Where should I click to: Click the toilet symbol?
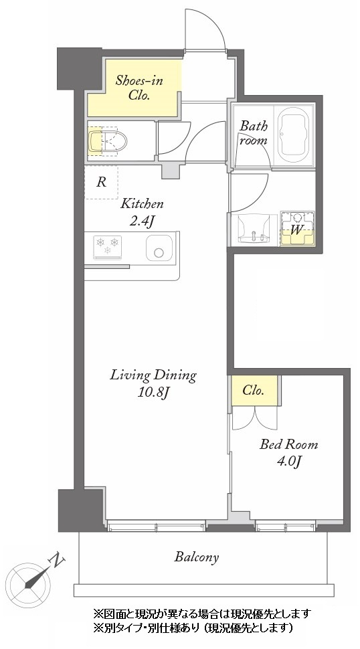107,141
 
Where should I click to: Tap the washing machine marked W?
297,229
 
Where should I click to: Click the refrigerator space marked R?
102,182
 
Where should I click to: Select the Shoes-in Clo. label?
139,88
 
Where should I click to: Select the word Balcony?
196,557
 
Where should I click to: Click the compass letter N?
57,561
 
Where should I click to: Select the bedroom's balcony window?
286,527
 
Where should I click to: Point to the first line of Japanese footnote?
202,613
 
